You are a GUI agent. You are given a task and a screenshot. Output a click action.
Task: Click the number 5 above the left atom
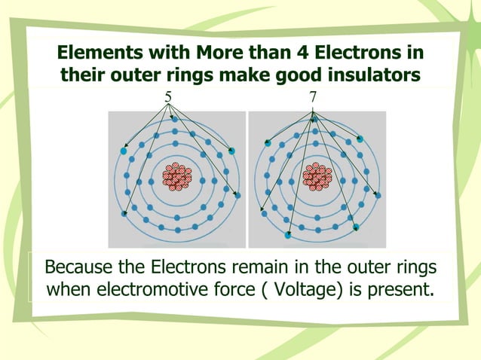pyautogui.click(x=167, y=96)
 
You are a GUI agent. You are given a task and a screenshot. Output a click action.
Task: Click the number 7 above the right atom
pyautogui.click(x=312, y=96)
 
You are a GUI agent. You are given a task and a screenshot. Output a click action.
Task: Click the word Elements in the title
pyautogui.click(x=95, y=53)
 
